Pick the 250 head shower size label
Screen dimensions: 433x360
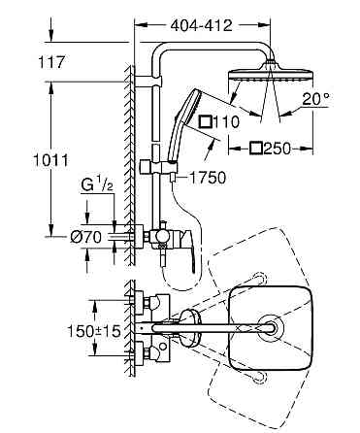tap(276, 148)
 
